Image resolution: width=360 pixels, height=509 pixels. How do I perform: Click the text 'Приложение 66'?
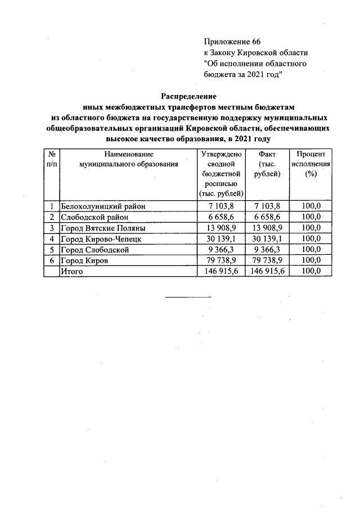click(x=232, y=42)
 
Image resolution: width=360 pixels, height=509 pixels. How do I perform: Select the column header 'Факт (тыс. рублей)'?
click(x=267, y=164)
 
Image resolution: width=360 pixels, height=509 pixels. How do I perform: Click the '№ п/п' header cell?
click(x=51, y=159)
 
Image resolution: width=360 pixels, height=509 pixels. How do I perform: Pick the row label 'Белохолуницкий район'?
click(x=102, y=206)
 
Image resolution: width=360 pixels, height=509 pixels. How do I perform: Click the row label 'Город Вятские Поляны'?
click(x=102, y=228)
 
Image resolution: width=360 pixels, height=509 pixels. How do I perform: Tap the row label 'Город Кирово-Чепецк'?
click(x=101, y=238)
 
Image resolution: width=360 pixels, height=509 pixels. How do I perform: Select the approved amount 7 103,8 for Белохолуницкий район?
click(x=220, y=206)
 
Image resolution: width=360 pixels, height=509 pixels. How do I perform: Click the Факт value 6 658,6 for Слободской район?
click(x=267, y=217)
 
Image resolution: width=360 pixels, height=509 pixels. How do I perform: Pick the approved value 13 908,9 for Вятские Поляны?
click(x=220, y=228)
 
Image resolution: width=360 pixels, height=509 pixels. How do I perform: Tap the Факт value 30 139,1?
click(x=267, y=238)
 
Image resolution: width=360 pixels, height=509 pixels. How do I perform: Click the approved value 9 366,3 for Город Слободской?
click(x=220, y=250)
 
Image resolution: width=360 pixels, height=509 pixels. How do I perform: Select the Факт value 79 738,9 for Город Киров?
click(x=267, y=260)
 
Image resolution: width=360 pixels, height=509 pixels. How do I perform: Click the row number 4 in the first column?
click(x=51, y=238)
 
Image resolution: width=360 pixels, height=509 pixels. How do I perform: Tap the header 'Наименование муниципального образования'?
click(x=129, y=159)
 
